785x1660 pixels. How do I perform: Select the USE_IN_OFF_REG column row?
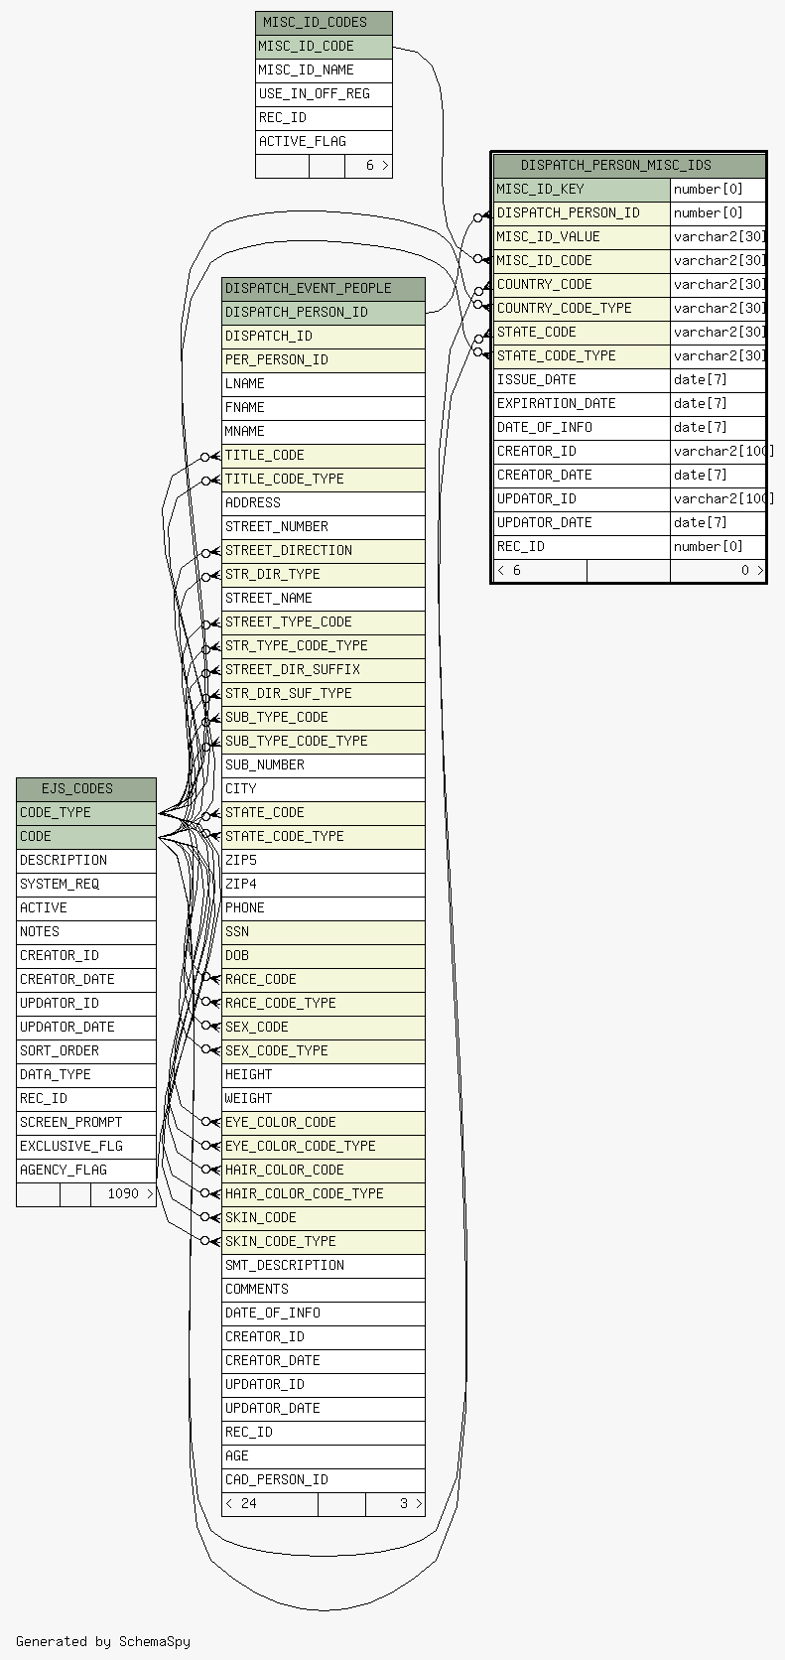coord(324,94)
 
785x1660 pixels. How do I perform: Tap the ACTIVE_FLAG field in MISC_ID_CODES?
coord(324,142)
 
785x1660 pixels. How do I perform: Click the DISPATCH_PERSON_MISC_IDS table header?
coord(629,165)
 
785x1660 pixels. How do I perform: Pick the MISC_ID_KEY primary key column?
coord(583,190)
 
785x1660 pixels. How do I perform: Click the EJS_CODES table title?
coord(86,789)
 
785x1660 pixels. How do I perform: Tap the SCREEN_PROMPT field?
coord(86,1123)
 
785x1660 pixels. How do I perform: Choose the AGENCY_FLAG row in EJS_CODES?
coord(86,1171)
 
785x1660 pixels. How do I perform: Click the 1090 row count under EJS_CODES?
coord(123,1193)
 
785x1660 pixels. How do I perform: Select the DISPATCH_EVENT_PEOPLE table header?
coord(324,289)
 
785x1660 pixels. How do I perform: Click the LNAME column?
coord(324,384)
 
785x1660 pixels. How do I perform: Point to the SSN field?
coord(324,932)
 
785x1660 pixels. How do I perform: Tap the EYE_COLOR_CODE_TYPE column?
coord(324,1147)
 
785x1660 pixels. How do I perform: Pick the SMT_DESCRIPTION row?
coord(324,1266)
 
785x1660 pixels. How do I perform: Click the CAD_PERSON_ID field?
coord(324,1480)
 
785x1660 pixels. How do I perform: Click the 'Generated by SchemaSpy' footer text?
coord(103,1641)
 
